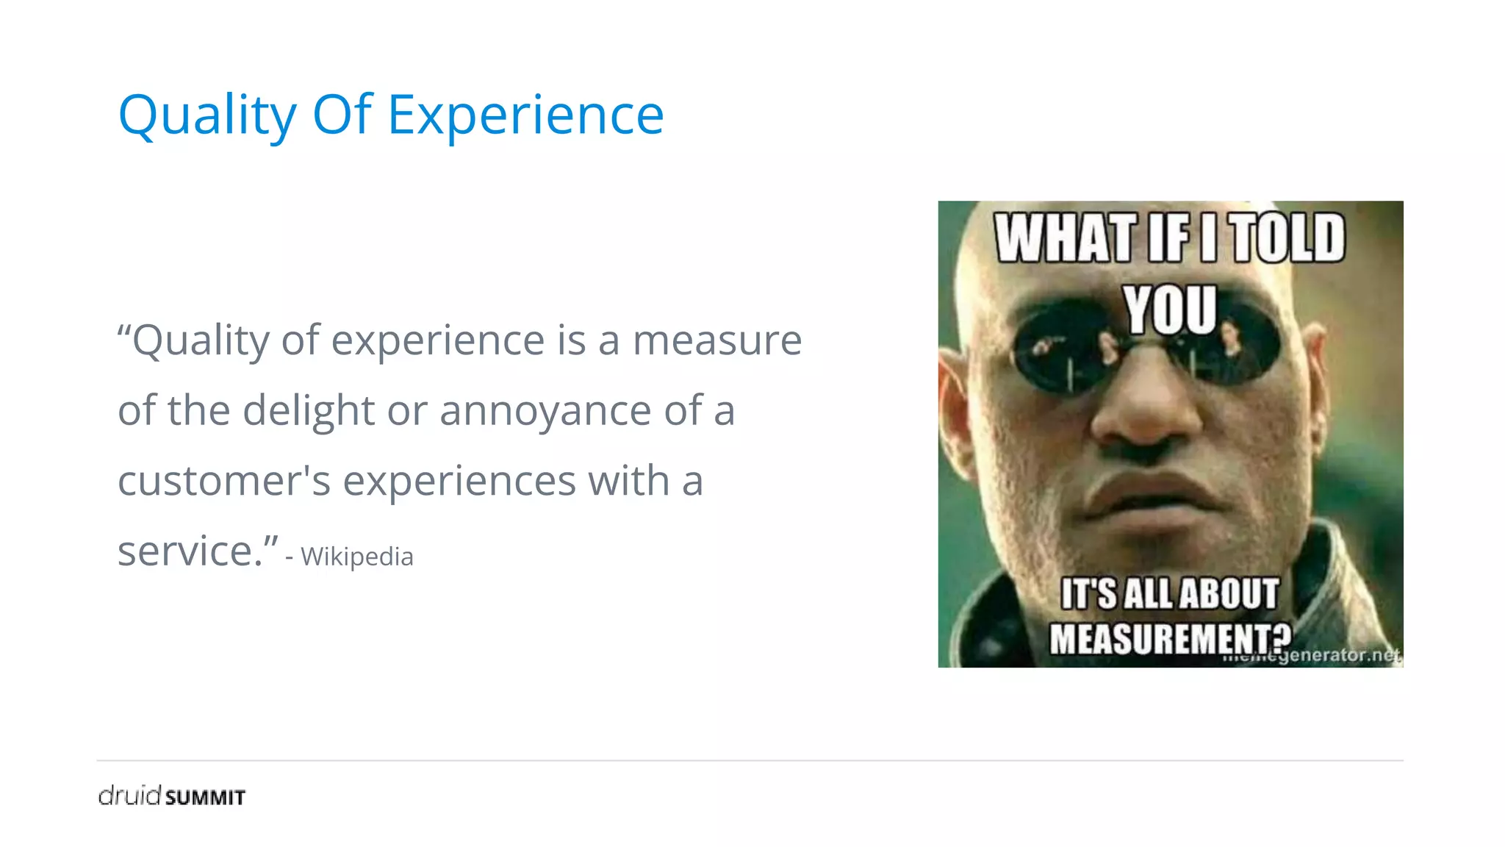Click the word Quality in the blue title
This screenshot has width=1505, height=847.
pos(206,115)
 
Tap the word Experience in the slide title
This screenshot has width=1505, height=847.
pos(525,115)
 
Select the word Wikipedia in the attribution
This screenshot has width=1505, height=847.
pos(357,557)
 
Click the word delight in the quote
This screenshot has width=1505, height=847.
pos(309,410)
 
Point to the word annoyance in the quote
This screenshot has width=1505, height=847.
pos(545,410)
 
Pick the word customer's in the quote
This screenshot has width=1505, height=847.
pos(224,481)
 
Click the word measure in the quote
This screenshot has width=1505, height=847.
pos(717,340)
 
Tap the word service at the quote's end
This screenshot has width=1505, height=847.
pos(190,551)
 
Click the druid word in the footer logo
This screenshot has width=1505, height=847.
pos(129,795)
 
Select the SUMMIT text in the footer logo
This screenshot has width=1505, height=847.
pos(205,798)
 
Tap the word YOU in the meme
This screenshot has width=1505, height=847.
pos(1169,309)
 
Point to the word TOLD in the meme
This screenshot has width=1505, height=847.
pos(1288,238)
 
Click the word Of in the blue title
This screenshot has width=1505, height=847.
pos(342,115)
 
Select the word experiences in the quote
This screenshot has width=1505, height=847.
pos(459,481)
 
